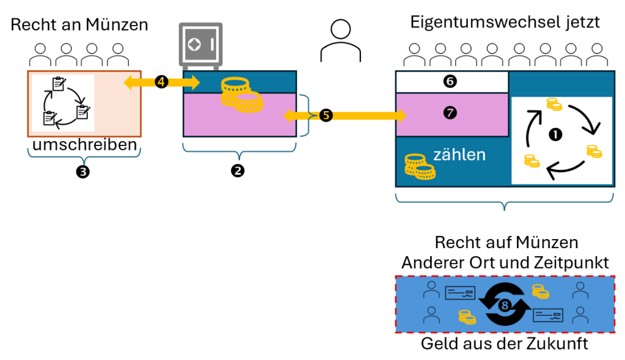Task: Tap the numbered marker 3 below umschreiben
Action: click(83, 172)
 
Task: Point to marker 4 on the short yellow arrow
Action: click(162, 82)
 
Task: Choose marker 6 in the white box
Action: click(450, 81)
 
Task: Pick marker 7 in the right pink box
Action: click(450, 112)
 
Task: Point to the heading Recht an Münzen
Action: click(79, 25)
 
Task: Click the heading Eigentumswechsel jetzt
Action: click(505, 23)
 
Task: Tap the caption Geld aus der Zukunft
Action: click(505, 344)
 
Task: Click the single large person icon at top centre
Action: click(335, 41)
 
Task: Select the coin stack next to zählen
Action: click(419, 166)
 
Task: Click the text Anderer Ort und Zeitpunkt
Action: click(505, 263)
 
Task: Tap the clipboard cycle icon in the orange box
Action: click(64, 102)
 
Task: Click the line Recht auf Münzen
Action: click(505, 243)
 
